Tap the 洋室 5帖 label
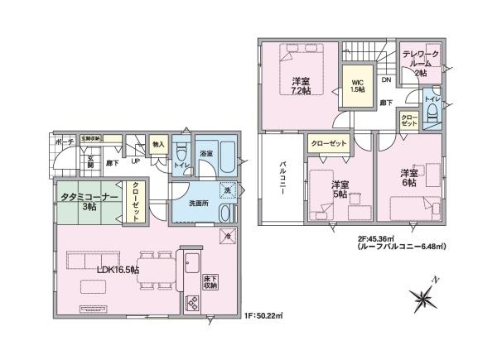point(340,189)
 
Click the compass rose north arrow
point(427,296)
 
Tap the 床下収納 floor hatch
point(210,281)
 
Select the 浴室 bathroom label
point(205,154)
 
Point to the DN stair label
point(386,80)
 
